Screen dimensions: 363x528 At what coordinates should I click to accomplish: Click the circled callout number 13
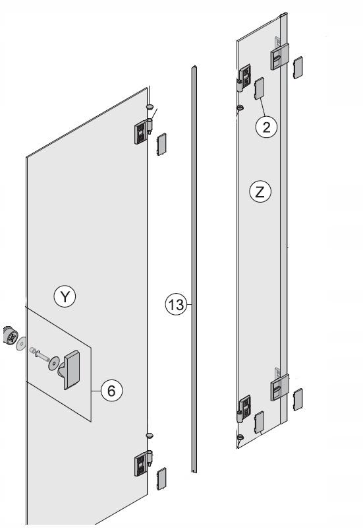pos(176,305)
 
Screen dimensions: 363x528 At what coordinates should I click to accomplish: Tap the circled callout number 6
pos(111,391)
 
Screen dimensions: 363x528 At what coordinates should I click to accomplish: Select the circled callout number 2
pos(267,127)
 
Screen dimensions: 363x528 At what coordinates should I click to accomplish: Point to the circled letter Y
pos(65,296)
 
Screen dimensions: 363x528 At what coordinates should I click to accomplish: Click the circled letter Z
pos(260,192)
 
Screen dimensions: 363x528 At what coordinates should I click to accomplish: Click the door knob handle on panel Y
pos(70,370)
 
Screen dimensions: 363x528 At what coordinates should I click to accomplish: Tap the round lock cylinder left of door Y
pos(11,335)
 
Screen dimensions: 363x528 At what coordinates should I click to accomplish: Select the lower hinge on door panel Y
pos(143,463)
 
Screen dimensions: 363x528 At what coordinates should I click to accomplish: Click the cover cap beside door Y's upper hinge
pos(161,145)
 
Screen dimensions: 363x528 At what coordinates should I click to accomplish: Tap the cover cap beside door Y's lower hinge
pos(161,478)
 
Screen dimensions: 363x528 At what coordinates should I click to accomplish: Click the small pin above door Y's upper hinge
pos(150,107)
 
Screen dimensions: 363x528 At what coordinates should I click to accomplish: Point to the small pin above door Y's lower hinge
pos(150,436)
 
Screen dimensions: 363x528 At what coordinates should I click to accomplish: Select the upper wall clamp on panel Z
pos(279,56)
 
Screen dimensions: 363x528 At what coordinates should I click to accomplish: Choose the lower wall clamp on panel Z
pos(279,387)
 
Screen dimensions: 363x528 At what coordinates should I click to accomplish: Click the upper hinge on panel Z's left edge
pos(244,78)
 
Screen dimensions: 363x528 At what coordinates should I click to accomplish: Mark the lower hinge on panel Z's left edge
pos(244,409)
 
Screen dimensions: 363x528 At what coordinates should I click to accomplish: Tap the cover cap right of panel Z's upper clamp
pos(298,68)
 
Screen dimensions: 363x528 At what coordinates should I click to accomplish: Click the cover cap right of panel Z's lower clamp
pos(298,399)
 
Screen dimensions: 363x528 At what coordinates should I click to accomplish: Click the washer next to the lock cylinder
pos(22,343)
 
